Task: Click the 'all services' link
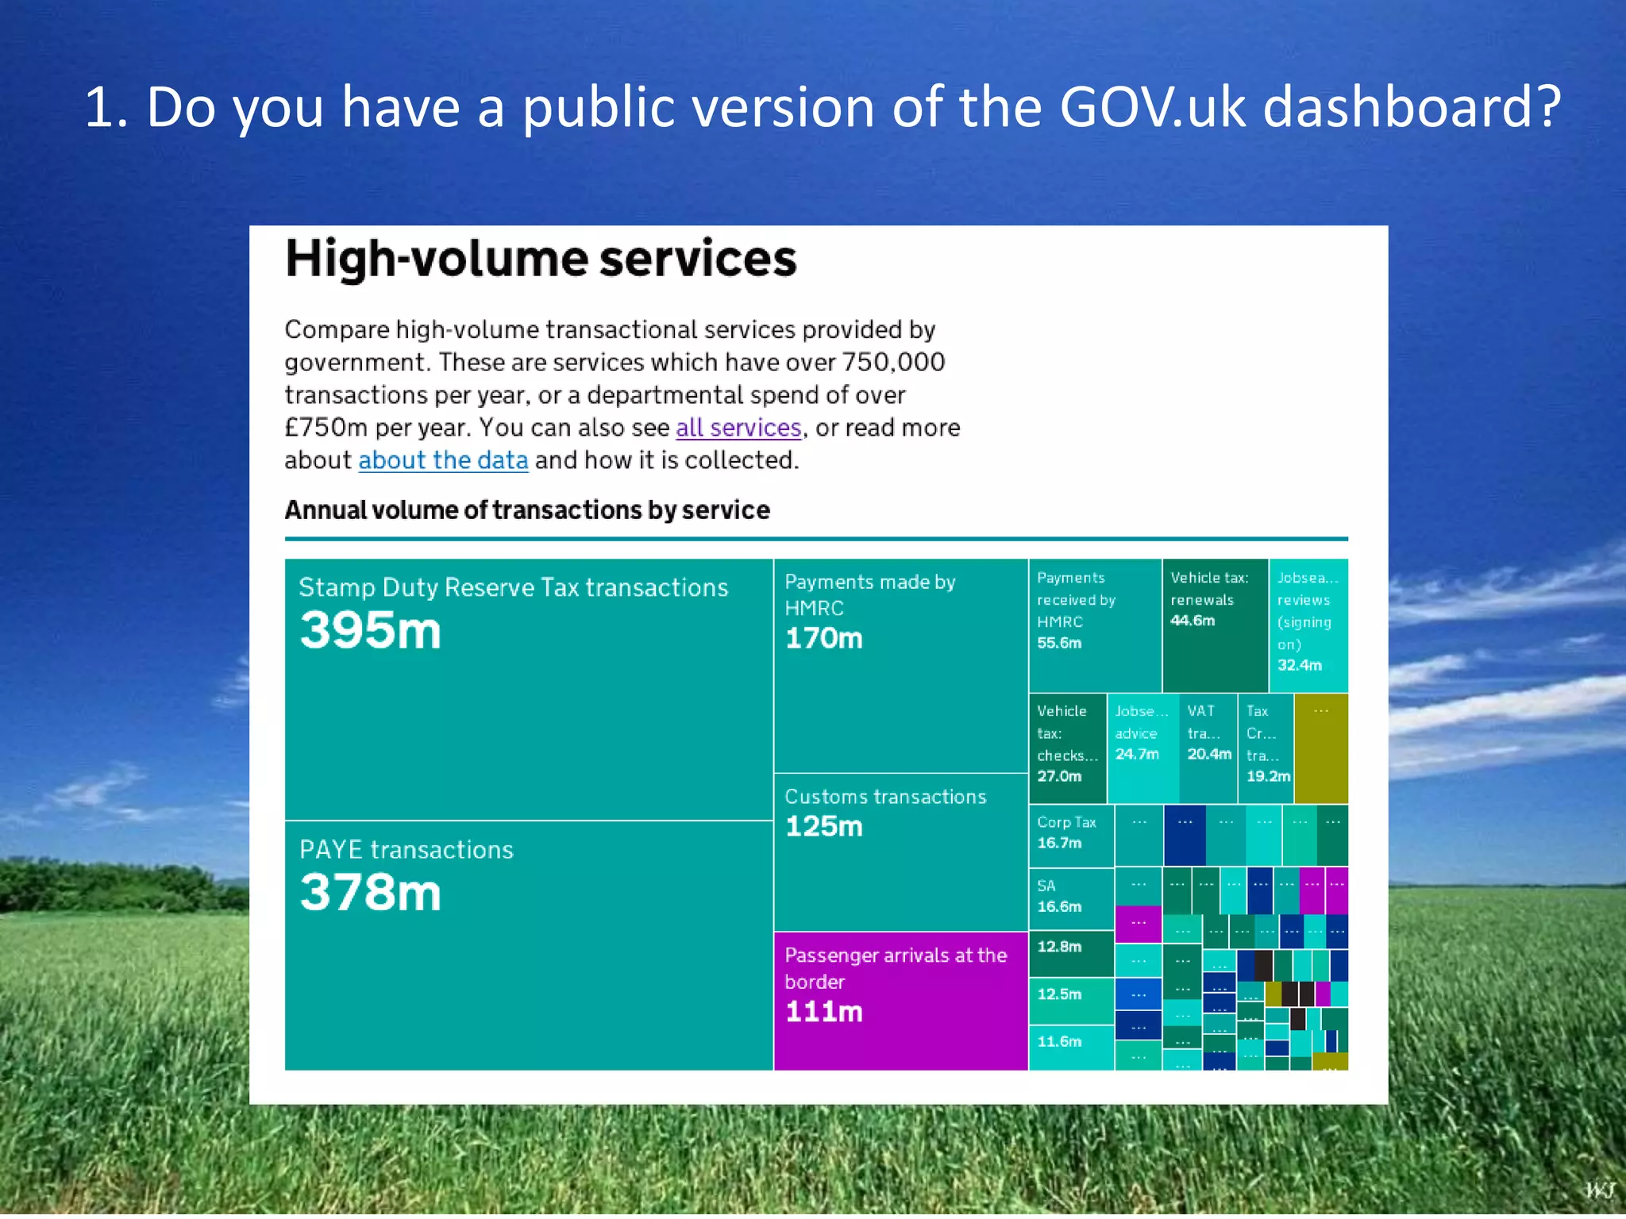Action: point(738,428)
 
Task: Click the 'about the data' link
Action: point(443,460)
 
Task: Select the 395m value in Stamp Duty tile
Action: point(370,631)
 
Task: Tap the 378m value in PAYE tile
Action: point(370,893)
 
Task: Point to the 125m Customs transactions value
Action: point(823,827)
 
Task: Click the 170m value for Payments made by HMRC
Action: point(823,639)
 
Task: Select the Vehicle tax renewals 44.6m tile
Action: point(1214,625)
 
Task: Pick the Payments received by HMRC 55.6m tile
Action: point(1094,625)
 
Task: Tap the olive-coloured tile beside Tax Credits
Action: point(1321,748)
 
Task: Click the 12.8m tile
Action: point(1071,952)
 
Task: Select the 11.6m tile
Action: point(1071,1047)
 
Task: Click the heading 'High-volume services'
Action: point(541,259)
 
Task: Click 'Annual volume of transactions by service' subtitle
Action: point(527,510)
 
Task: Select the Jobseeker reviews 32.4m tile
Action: point(1308,625)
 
